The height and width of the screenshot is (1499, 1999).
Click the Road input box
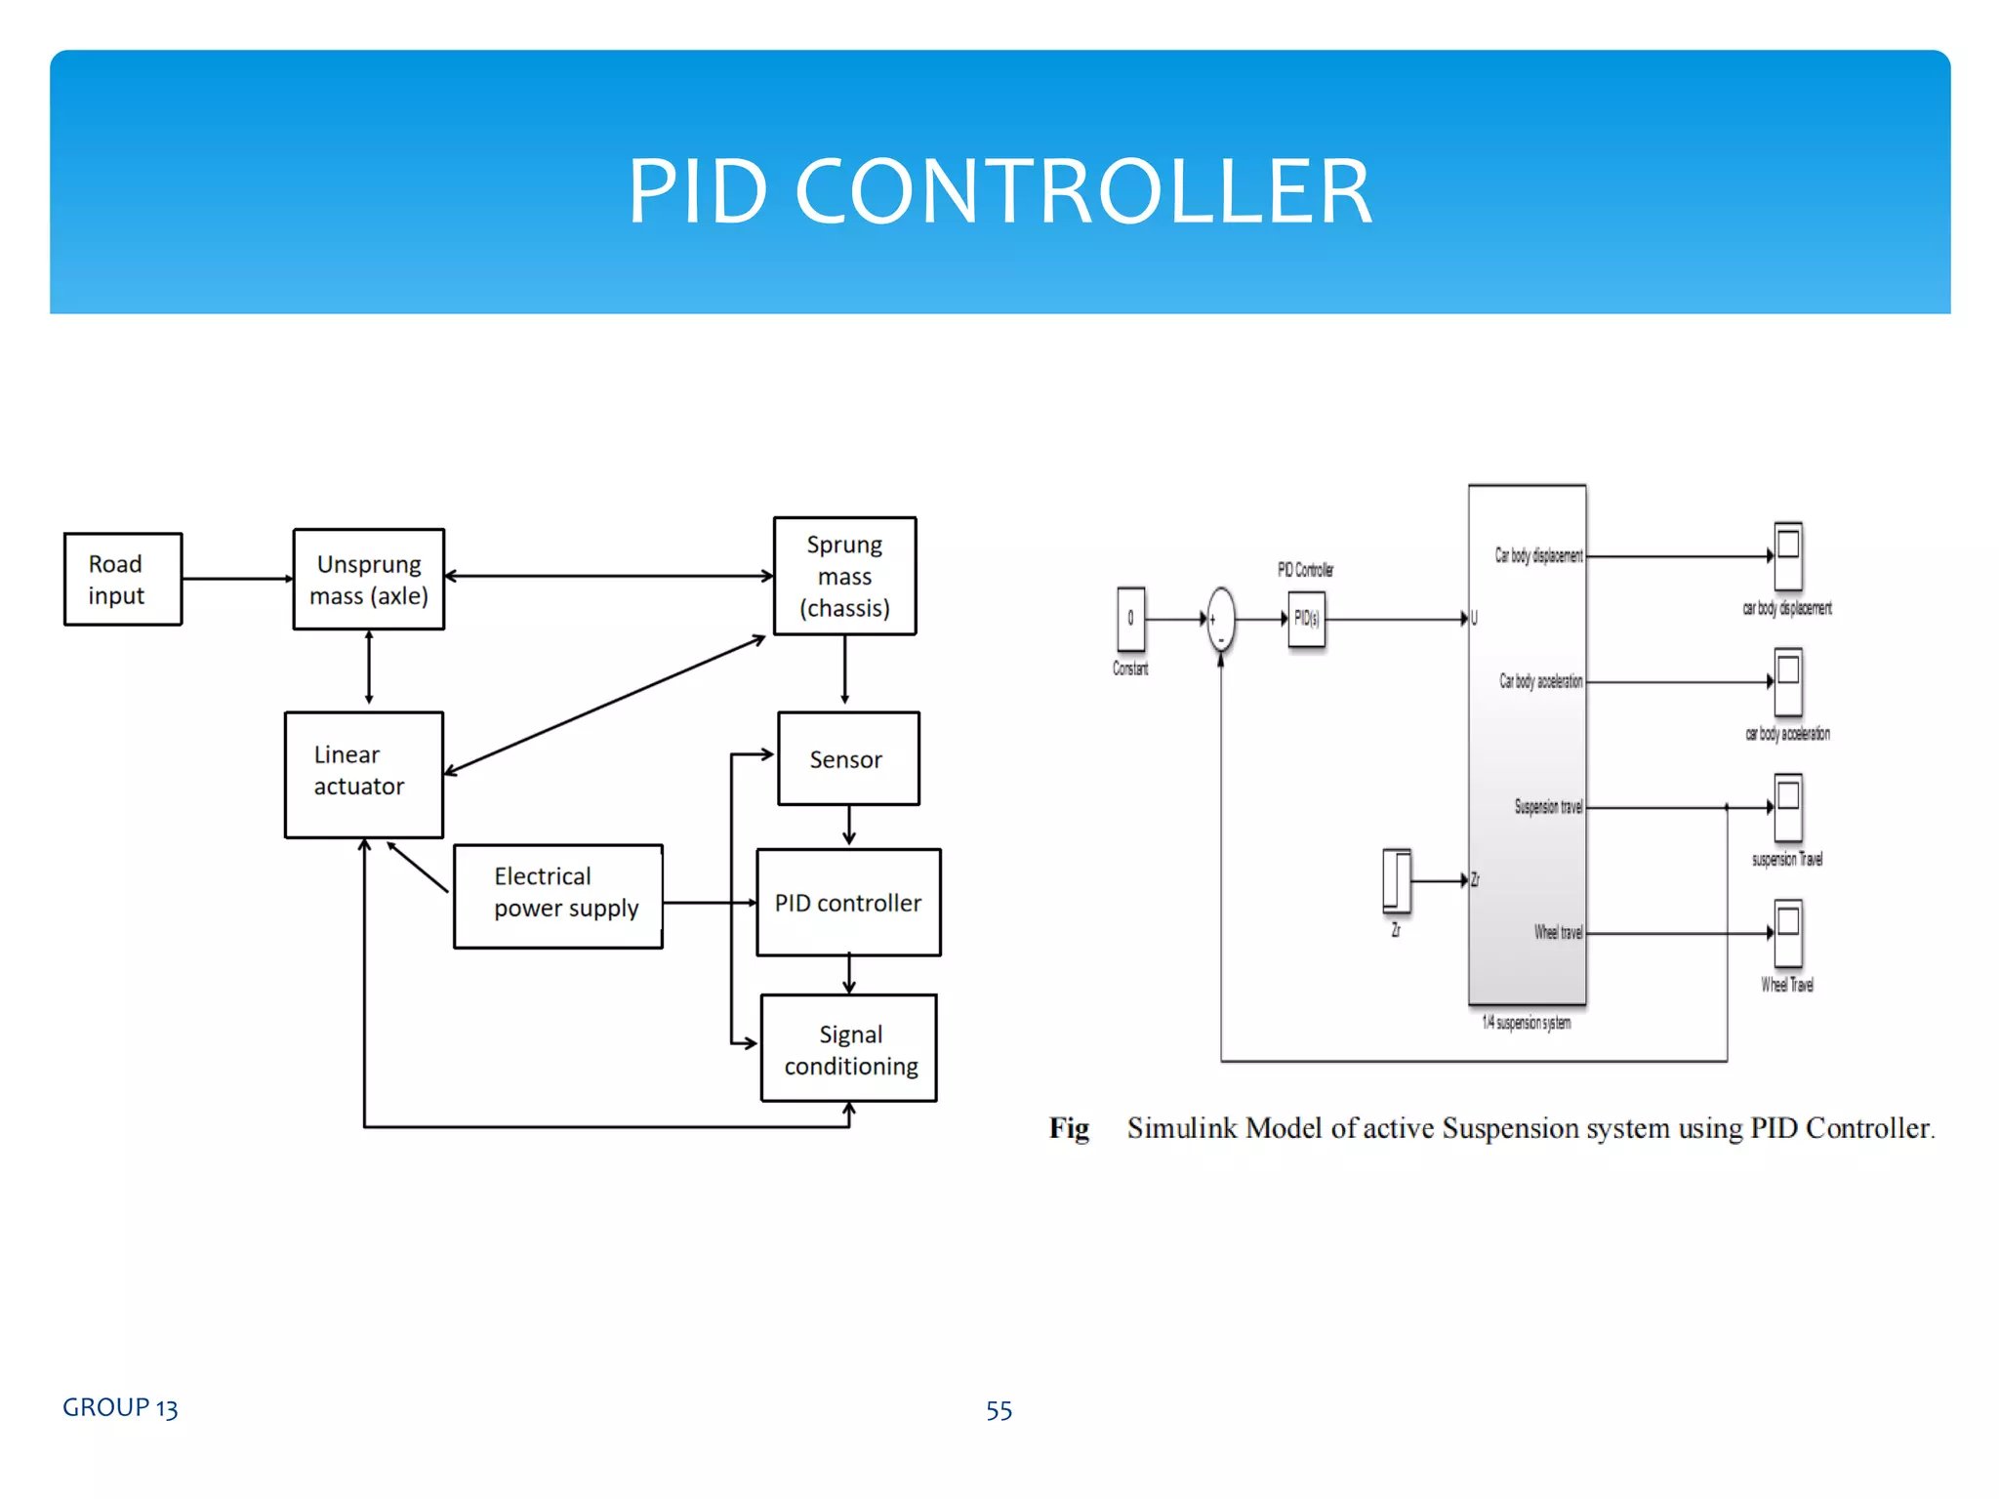tap(123, 579)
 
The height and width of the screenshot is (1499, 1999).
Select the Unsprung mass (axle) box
tap(369, 579)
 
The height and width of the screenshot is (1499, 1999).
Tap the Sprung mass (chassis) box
tap(844, 576)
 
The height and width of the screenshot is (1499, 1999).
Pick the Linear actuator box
tap(364, 774)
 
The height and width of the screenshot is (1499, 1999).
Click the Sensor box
tap(847, 758)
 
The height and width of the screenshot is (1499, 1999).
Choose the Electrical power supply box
tap(558, 895)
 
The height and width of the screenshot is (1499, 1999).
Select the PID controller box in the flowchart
tap(848, 902)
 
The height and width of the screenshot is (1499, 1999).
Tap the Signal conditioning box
tap(849, 1048)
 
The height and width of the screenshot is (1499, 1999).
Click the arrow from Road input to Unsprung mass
tap(237, 579)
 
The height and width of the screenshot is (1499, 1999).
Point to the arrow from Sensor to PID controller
tap(849, 827)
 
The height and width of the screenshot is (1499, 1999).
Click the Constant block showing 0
tap(1130, 619)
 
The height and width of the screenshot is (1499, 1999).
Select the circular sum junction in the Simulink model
tap(1220, 619)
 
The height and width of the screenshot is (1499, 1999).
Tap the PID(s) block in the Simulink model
tap(1306, 619)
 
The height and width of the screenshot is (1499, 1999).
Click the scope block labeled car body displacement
tap(1787, 555)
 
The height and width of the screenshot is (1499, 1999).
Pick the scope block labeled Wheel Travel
tap(1787, 933)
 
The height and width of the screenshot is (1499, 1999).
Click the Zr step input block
tap(1397, 880)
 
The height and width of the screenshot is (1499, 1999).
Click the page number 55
tap(999, 1410)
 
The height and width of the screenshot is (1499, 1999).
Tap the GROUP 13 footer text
tap(120, 1407)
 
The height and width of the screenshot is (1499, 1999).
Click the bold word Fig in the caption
tap(1069, 1128)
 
